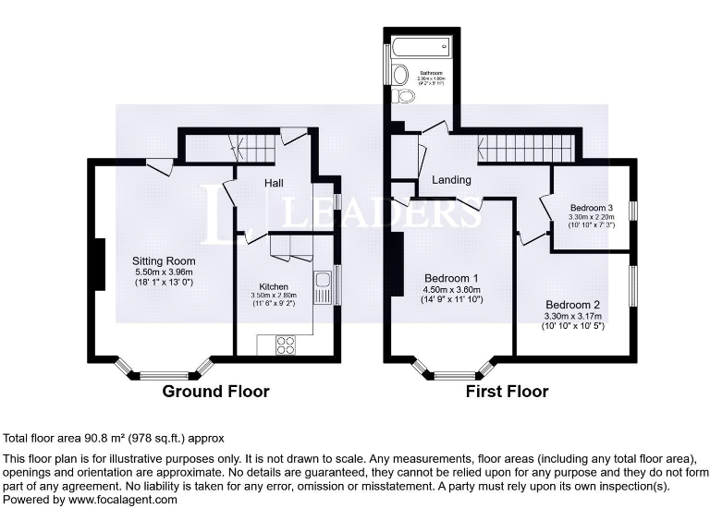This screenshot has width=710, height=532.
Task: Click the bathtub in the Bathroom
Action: coord(421,45)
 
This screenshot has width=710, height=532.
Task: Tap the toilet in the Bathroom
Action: coord(403,95)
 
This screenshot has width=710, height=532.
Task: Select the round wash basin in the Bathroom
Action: coord(401,74)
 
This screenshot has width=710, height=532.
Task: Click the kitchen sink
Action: coord(323,286)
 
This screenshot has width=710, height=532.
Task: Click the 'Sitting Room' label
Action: coord(165,261)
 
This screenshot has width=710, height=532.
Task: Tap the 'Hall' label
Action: coord(274,184)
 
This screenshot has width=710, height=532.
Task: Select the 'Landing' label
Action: coord(452,180)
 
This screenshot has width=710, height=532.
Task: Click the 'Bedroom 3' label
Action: coord(592,207)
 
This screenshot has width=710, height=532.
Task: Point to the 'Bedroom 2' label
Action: coord(573,305)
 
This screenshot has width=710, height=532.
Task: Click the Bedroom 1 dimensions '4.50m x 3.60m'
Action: coord(452,289)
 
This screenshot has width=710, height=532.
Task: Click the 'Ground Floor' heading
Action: coord(215,392)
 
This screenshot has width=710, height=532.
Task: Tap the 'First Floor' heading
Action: coord(507,392)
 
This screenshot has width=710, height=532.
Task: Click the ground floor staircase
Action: coord(252,147)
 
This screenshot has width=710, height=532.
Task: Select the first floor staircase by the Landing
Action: coord(524,147)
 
